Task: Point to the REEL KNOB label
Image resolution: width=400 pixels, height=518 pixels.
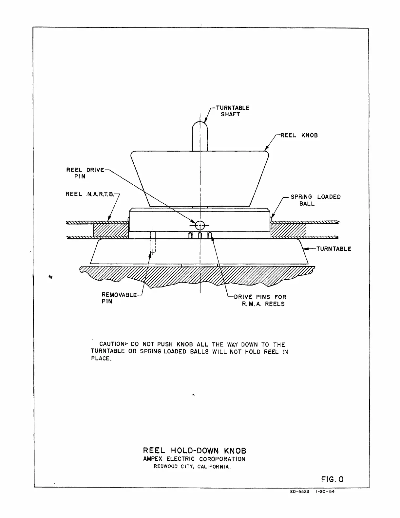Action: click(299, 136)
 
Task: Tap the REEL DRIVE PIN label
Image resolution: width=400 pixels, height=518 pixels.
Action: click(85, 173)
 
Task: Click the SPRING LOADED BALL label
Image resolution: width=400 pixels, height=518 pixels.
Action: click(315, 200)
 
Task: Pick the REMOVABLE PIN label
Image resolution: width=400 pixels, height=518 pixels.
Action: click(119, 298)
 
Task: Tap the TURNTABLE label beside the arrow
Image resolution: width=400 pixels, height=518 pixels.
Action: click(333, 249)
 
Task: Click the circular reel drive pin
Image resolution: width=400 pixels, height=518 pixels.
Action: click(200, 225)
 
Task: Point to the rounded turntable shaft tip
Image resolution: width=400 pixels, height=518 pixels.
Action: click(200, 126)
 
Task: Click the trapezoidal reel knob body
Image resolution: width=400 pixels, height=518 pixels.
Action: click(200, 177)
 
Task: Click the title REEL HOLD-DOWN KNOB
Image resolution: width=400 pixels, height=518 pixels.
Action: click(195, 451)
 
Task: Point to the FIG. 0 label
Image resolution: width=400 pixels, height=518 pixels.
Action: click(332, 480)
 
